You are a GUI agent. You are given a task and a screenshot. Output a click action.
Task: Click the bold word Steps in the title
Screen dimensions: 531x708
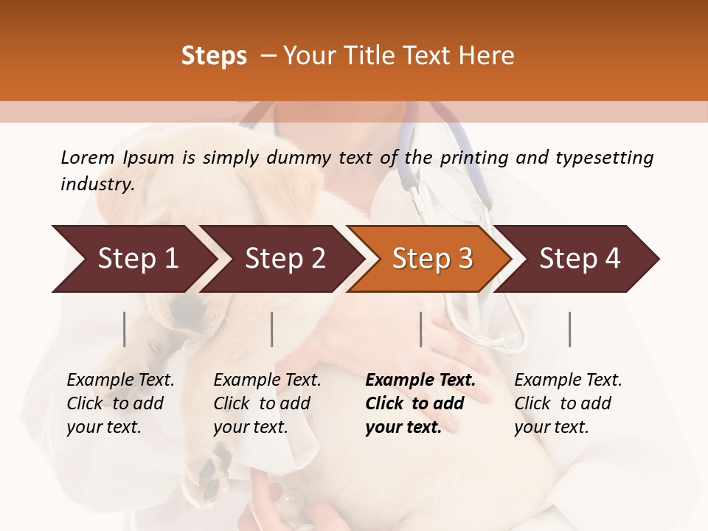click(214, 56)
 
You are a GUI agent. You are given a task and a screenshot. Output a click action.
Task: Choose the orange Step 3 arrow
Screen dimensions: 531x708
click(432, 259)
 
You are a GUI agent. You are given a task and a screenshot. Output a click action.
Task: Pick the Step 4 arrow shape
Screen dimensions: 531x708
click(580, 259)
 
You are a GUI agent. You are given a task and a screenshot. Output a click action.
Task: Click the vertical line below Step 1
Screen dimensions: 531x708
click(124, 329)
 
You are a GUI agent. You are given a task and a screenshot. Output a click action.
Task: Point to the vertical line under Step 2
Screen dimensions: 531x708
click(272, 329)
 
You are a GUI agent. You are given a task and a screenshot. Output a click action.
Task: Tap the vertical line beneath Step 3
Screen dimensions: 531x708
click(420, 329)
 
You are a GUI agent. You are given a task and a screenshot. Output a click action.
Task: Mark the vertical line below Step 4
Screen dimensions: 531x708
click(569, 329)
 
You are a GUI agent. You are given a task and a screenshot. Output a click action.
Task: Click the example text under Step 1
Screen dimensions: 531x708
click(120, 403)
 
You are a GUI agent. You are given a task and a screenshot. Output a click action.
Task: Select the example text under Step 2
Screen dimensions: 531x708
click(267, 403)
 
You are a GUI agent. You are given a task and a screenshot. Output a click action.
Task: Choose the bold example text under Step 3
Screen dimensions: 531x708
click(420, 403)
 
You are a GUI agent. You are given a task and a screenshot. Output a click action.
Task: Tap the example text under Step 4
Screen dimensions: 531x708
click(568, 403)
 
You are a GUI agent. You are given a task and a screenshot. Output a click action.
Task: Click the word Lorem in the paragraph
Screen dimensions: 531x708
click(88, 157)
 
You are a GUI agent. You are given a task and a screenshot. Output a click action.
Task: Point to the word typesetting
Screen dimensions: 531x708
click(605, 158)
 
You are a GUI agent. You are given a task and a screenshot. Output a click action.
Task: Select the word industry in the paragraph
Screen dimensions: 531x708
click(97, 184)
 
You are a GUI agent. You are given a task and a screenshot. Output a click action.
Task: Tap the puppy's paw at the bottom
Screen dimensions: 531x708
click(209, 472)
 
